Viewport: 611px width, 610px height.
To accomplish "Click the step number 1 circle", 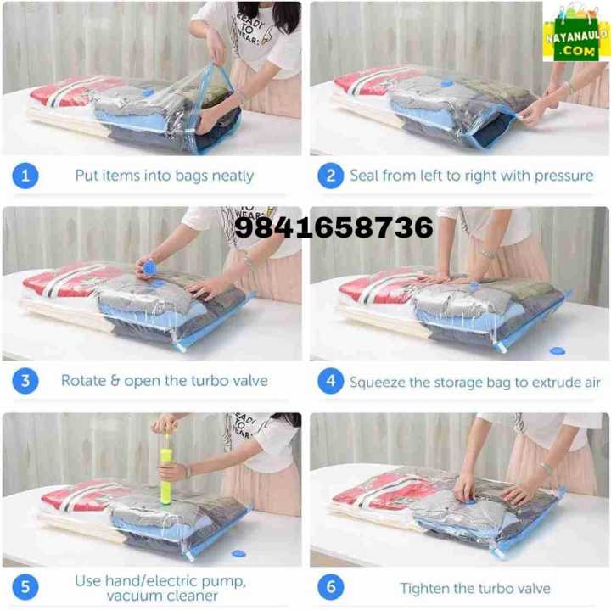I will pos(25,176).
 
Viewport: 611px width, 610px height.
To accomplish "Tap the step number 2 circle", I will pos(330,176).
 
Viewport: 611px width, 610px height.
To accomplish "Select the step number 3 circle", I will pos(25,380).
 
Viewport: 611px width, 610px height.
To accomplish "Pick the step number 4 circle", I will pos(330,381).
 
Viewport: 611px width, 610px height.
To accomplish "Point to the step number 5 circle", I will pos(25,587).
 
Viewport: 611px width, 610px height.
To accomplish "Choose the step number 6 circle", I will pos(330,587).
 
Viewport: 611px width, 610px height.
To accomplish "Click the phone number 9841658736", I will pos(334,227).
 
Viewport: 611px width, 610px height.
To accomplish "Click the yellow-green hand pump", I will pos(167,470).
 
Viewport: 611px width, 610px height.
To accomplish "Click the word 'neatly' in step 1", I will pos(232,176).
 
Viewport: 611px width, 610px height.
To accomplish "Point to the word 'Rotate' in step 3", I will pos(83,380).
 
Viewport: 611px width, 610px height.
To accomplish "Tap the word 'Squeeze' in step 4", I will pos(378,382).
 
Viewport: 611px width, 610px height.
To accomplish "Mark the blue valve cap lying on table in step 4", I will pos(558,350).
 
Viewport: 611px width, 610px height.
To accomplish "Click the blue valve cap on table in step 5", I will pos(239,553).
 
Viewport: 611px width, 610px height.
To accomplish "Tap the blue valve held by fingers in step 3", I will pos(149,267).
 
